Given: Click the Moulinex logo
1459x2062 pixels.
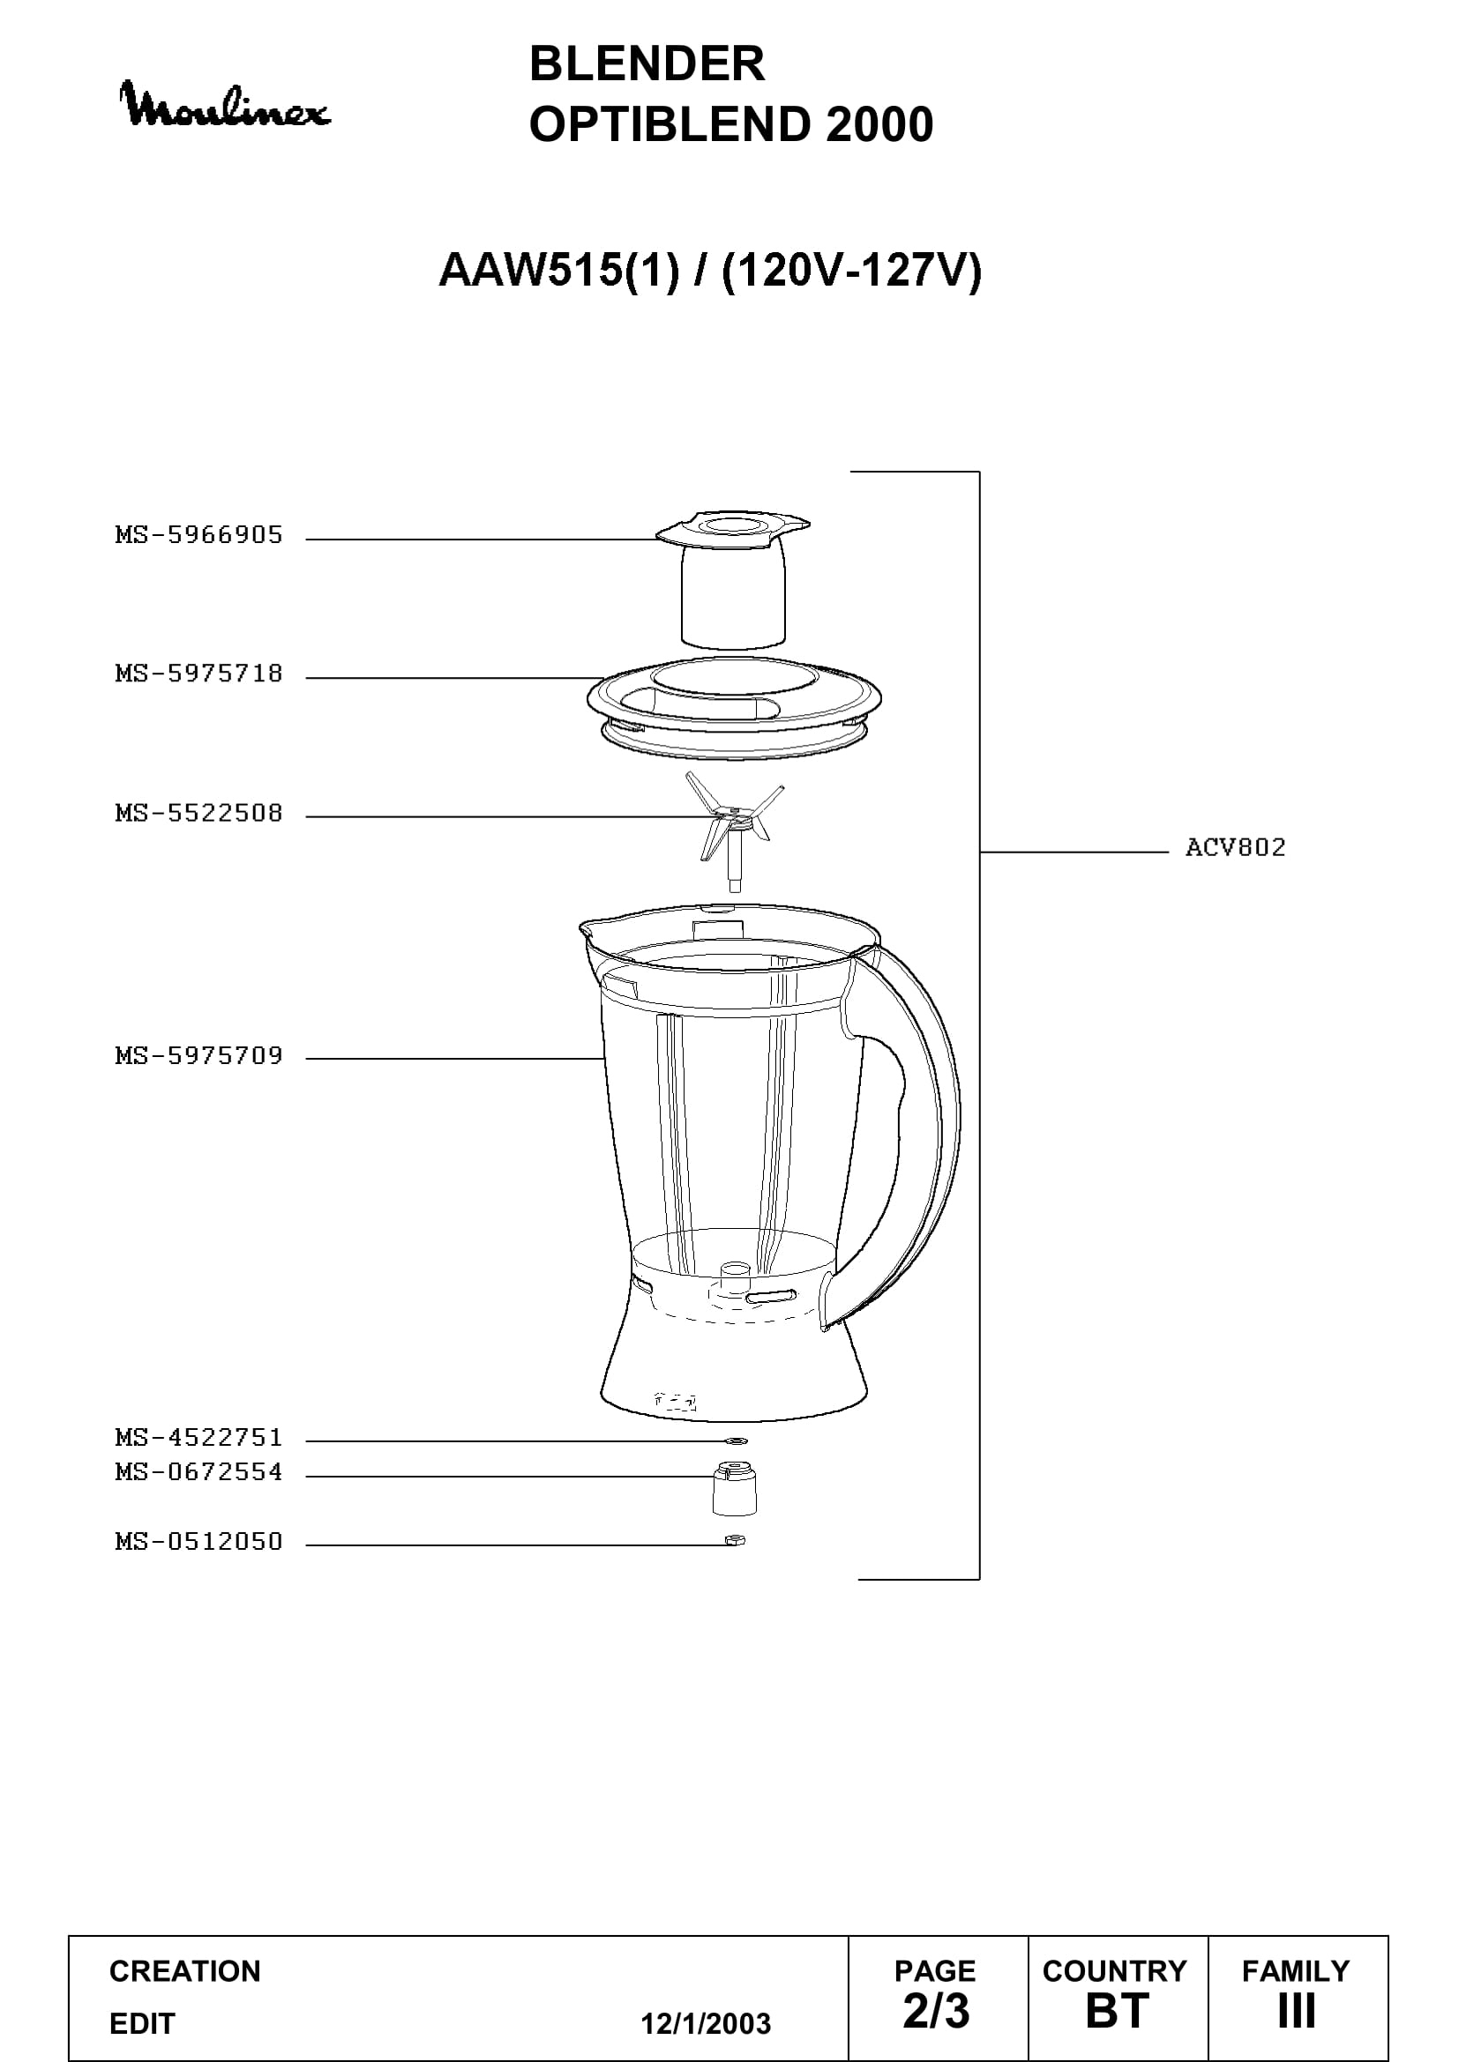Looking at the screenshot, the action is click(x=225, y=106).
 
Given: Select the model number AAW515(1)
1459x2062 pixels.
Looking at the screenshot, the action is click(x=557, y=270).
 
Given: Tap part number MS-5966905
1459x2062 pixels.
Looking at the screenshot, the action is click(x=198, y=535).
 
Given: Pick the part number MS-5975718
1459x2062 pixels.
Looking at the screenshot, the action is click(x=198, y=674).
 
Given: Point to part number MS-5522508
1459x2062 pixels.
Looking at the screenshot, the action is click(x=198, y=813).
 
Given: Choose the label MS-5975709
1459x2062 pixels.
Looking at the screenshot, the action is click(x=198, y=1055).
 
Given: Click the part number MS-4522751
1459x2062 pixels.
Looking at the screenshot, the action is click(x=198, y=1438).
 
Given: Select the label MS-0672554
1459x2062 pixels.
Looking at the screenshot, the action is click(x=198, y=1472).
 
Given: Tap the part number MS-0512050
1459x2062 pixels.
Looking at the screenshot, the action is click(x=198, y=1542).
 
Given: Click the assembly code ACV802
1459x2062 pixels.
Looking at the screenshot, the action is click(x=1235, y=847).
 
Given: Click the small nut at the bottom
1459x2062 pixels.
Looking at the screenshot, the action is click(x=735, y=1541).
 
